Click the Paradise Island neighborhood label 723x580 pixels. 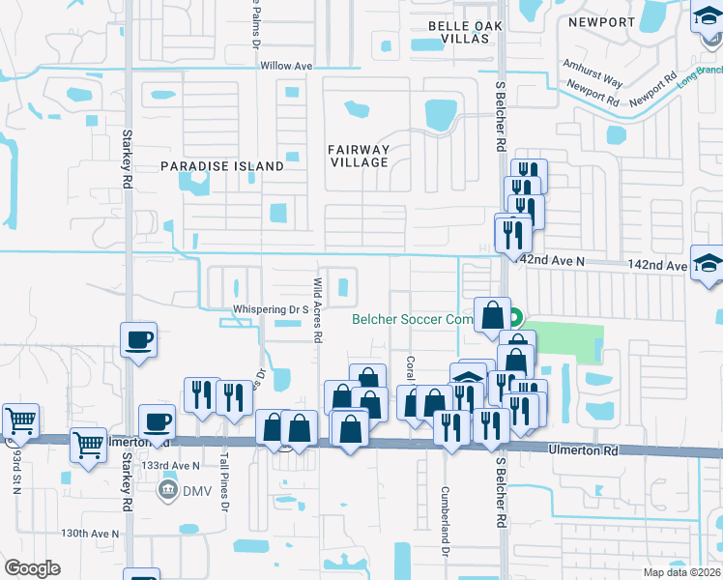[x=222, y=166]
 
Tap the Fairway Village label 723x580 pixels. [x=358, y=156]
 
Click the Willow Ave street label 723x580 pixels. [x=287, y=66]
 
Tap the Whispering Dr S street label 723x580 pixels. [x=270, y=310]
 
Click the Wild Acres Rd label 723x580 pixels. [x=317, y=310]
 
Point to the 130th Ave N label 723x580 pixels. [x=90, y=534]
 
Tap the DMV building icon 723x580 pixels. [x=167, y=490]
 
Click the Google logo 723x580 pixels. [x=32, y=568]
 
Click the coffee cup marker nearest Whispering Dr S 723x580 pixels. [x=138, y=339]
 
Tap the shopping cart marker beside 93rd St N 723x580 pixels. [x=20, y=420]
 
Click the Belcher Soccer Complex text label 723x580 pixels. [x=412, y=319]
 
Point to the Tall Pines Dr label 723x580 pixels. [x=224, y=489]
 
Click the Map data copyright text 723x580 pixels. [x=681, y=572]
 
